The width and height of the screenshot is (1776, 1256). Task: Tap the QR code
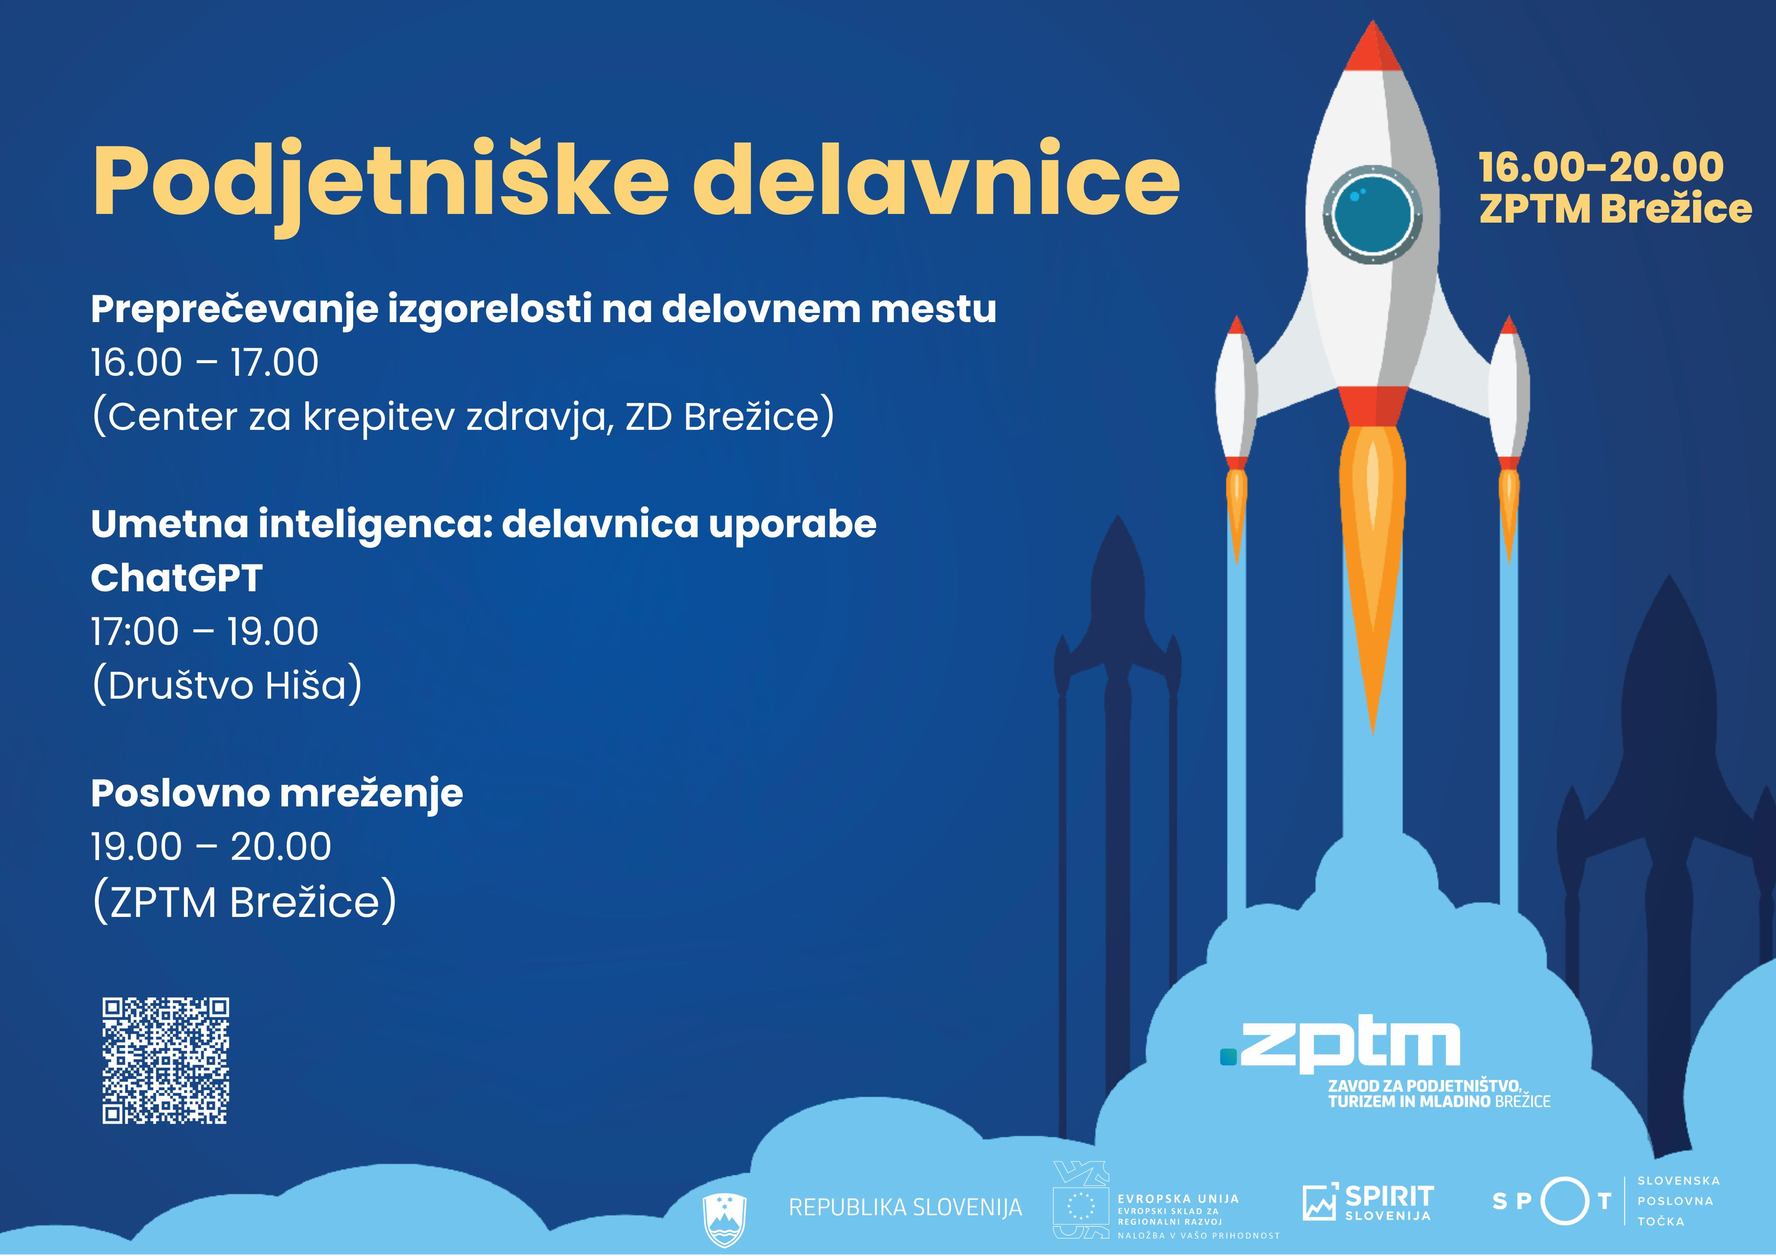pyautogui.click(x=165, y=1060)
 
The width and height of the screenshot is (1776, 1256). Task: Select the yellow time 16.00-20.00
pyautogui.click(x=1601, y=167)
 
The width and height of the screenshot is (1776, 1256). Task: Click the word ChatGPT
pyautogui.click(x=176, y=578)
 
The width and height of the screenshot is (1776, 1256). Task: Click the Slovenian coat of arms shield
pyautogui.click(x=724, y=1218)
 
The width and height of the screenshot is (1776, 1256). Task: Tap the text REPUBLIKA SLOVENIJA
pyautogui.click(x=905, y=1207)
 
